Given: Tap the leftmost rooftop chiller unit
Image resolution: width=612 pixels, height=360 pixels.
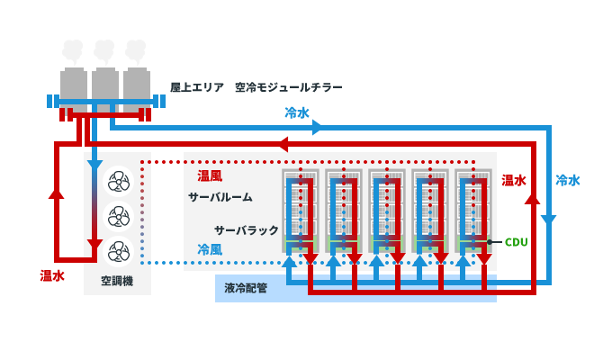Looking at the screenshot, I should tap(75, 85).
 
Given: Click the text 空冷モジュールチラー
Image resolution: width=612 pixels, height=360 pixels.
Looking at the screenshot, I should tap(288, 88).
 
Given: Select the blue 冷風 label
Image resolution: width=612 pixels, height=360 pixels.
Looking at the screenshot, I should tap(210, 249).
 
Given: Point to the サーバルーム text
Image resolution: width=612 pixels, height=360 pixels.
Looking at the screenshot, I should tap(220, 197).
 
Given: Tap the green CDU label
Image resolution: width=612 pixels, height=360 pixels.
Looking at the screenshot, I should tap(516, 242).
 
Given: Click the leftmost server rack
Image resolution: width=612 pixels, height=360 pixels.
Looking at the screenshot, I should tap(300, 211).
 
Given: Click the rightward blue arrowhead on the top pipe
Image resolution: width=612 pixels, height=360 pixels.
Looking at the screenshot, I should tap(317, 128).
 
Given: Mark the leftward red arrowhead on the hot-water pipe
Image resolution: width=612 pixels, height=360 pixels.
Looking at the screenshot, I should tap(281, 144).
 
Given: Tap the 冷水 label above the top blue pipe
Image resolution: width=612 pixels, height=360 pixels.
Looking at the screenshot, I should tap(297, 112).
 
